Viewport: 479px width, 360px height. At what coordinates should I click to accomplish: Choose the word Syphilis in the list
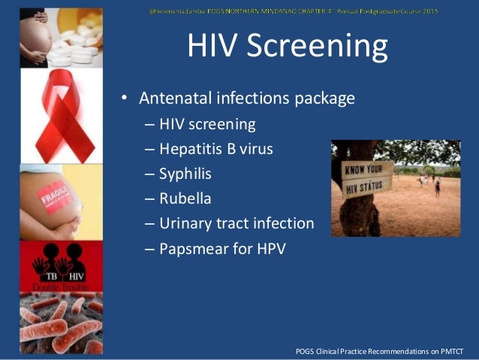point(185,174)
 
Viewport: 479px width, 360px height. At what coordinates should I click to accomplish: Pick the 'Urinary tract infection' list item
point(236,224)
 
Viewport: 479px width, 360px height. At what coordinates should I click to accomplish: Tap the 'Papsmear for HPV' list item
point(222,249)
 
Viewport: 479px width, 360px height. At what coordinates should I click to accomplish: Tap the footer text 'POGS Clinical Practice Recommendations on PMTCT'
point(386,352)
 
